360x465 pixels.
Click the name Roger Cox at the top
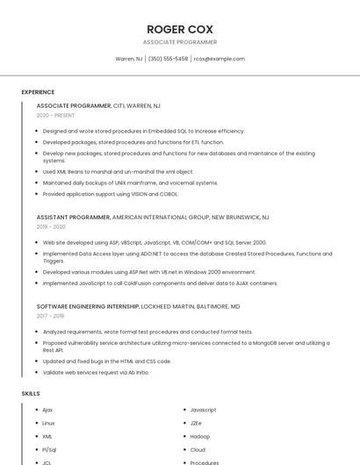pos(180,29)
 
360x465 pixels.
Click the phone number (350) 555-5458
pos(168,59)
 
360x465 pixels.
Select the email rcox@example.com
pos(219,59)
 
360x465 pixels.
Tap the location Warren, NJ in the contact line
pos(128,59)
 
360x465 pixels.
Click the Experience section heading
pos(38,92)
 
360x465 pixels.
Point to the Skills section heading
pos(31,394)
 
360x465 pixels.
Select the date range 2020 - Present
pos(55,115)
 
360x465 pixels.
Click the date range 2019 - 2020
pos(51,226)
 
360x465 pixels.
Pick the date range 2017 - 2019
pos(50,316)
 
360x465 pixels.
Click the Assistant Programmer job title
pos(73,217)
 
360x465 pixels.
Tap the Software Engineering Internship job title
pos(87,306)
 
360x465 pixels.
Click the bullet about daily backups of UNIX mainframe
pos(130,182)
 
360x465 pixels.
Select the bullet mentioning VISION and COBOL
pos(110,194)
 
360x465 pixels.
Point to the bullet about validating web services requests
pos(96,372)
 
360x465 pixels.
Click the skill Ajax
pos(47,410)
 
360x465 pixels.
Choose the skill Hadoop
pos(199,436)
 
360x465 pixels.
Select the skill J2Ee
pos(197,423)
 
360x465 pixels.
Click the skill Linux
pos(48,423)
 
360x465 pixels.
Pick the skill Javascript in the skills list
pos(203,410)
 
